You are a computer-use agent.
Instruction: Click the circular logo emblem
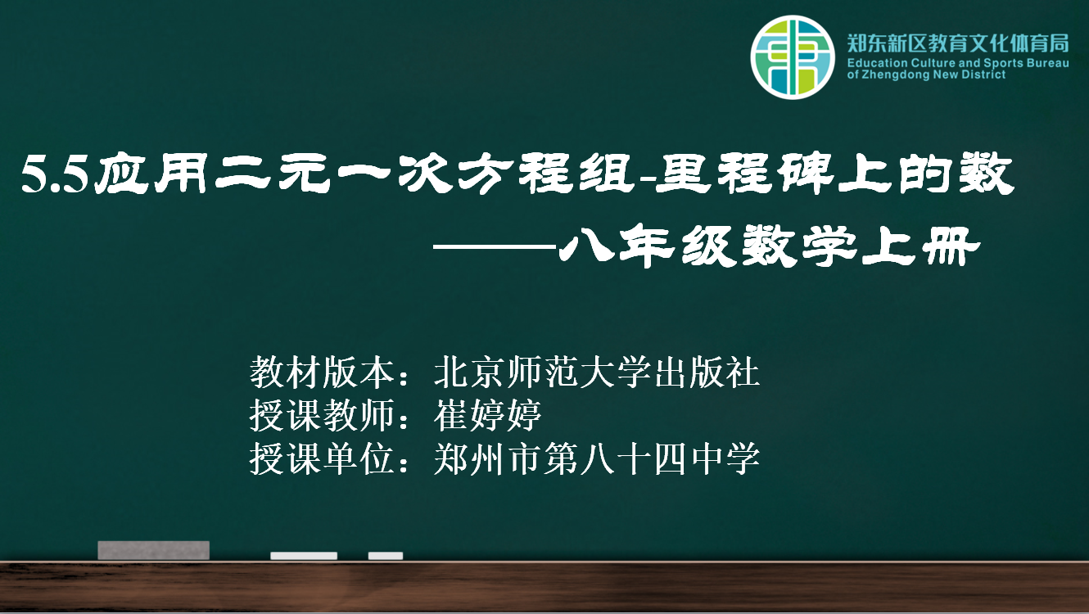[793, 57]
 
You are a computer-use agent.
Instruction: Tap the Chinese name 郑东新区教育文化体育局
[958, 43]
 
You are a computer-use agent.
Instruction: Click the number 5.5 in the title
[55, 174]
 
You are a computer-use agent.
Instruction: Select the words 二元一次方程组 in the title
[425, 174]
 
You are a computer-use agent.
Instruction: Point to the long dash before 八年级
[495, 247]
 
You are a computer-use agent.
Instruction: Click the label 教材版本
[322, 372]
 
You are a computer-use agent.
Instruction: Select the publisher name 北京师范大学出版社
[597, 372]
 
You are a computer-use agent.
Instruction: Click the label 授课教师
[322, 416]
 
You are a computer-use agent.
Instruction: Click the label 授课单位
[322, 458]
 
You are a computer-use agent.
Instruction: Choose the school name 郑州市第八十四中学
[597, 458]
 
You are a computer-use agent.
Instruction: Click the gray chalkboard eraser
[154, 550]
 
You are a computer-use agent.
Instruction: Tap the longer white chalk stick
[304, 556]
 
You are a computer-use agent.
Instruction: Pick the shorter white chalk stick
[386, 556]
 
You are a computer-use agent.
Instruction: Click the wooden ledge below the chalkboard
[544, 587]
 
